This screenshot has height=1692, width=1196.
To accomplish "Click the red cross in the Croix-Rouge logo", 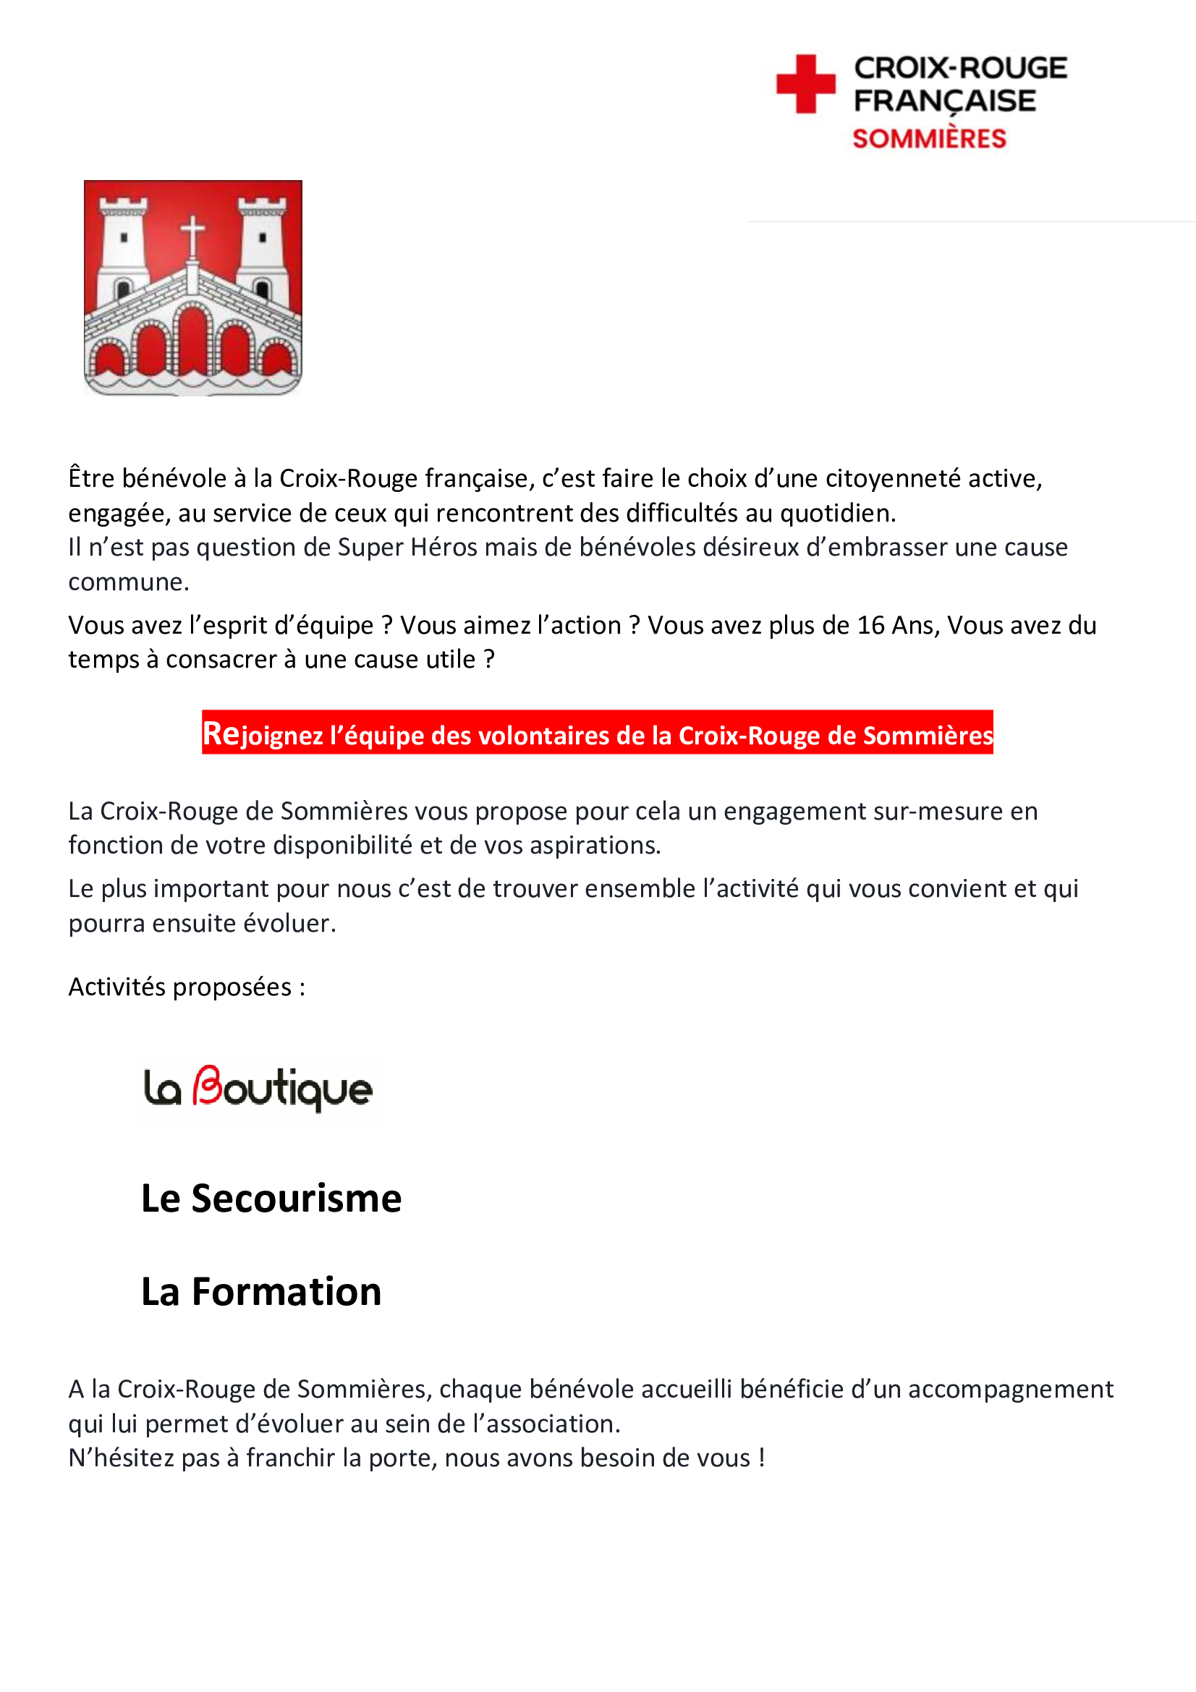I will [805, 84].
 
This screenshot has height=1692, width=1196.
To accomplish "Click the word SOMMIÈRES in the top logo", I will [928, 139].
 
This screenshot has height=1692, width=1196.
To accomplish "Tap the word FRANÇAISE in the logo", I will [944, 101].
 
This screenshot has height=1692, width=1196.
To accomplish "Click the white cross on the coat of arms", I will [192, 234].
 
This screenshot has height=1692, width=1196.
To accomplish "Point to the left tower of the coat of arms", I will [124, 243].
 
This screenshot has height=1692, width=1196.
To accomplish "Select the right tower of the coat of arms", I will [263, 243].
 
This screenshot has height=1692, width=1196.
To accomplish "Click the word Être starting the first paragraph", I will [93, 478].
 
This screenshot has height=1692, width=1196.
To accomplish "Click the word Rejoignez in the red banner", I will [263, 734].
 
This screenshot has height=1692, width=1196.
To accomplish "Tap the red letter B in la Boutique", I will [207, 1087].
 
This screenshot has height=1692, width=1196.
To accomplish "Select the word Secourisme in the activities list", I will [296, 1198].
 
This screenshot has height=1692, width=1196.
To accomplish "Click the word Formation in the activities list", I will [287, 1292].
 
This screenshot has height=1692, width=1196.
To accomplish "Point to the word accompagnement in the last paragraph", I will [1009, 1389].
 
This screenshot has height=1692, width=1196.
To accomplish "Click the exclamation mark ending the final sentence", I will [762, 1458].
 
